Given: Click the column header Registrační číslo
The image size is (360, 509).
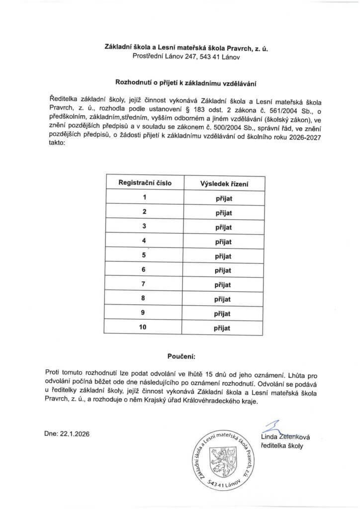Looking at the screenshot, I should point(144,182).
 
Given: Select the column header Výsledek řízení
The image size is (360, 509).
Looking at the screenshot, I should point(224,183).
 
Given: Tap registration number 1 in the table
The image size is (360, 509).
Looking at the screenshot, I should point(144,197).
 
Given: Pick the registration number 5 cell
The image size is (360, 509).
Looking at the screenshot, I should point(144,255).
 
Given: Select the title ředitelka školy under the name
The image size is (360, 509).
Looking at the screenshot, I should point(281,446).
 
